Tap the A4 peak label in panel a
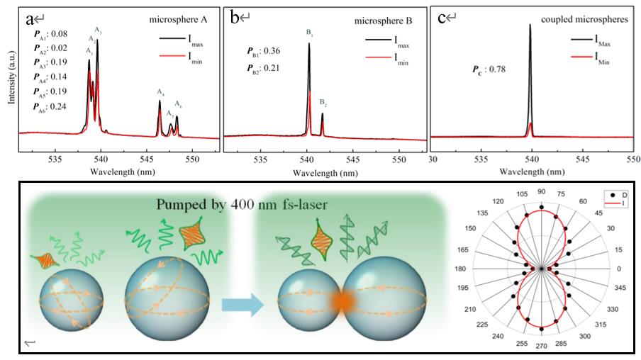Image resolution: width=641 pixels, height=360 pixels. (x=161, y=92)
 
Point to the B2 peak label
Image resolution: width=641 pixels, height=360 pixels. (x=323, y=104)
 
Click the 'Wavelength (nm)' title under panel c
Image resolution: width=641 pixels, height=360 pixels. (x=533, y=172)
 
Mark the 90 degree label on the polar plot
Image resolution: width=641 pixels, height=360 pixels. (x=541, y=193)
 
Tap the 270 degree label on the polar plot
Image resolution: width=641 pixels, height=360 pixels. (x=541, y=345)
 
